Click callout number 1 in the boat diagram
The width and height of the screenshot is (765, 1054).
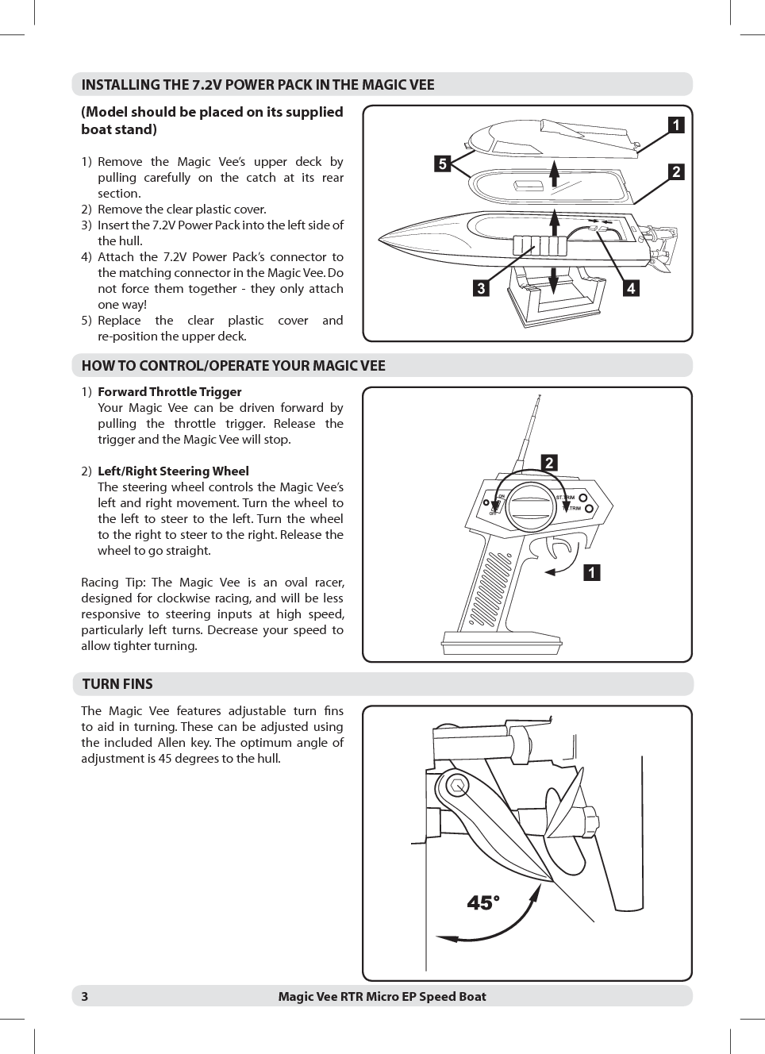point(675,125)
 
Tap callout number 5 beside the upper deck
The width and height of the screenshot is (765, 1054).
point(442,164)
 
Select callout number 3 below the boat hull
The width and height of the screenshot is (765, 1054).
point(480,289)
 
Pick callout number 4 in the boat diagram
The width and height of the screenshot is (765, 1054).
point(630,289)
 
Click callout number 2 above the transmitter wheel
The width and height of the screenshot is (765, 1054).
point(548,464)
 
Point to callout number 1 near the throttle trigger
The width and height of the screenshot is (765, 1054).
point(591,572)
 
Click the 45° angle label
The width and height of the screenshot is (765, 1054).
point(483,903)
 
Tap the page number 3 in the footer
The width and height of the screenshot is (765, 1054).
point(85,997)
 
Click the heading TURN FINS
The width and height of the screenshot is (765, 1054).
point(117,684)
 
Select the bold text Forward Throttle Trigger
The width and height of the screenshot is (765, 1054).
point(169,392)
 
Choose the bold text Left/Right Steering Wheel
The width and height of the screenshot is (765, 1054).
point(173,471)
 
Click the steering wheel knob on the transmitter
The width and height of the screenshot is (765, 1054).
point(532,507)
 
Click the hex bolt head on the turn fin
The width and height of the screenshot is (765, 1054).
point(457,787)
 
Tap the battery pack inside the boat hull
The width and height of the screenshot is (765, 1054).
point(540,245)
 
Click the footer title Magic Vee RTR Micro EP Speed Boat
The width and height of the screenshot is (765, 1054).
point(382,997)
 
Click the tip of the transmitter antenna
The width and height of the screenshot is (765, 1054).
point(539,396)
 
